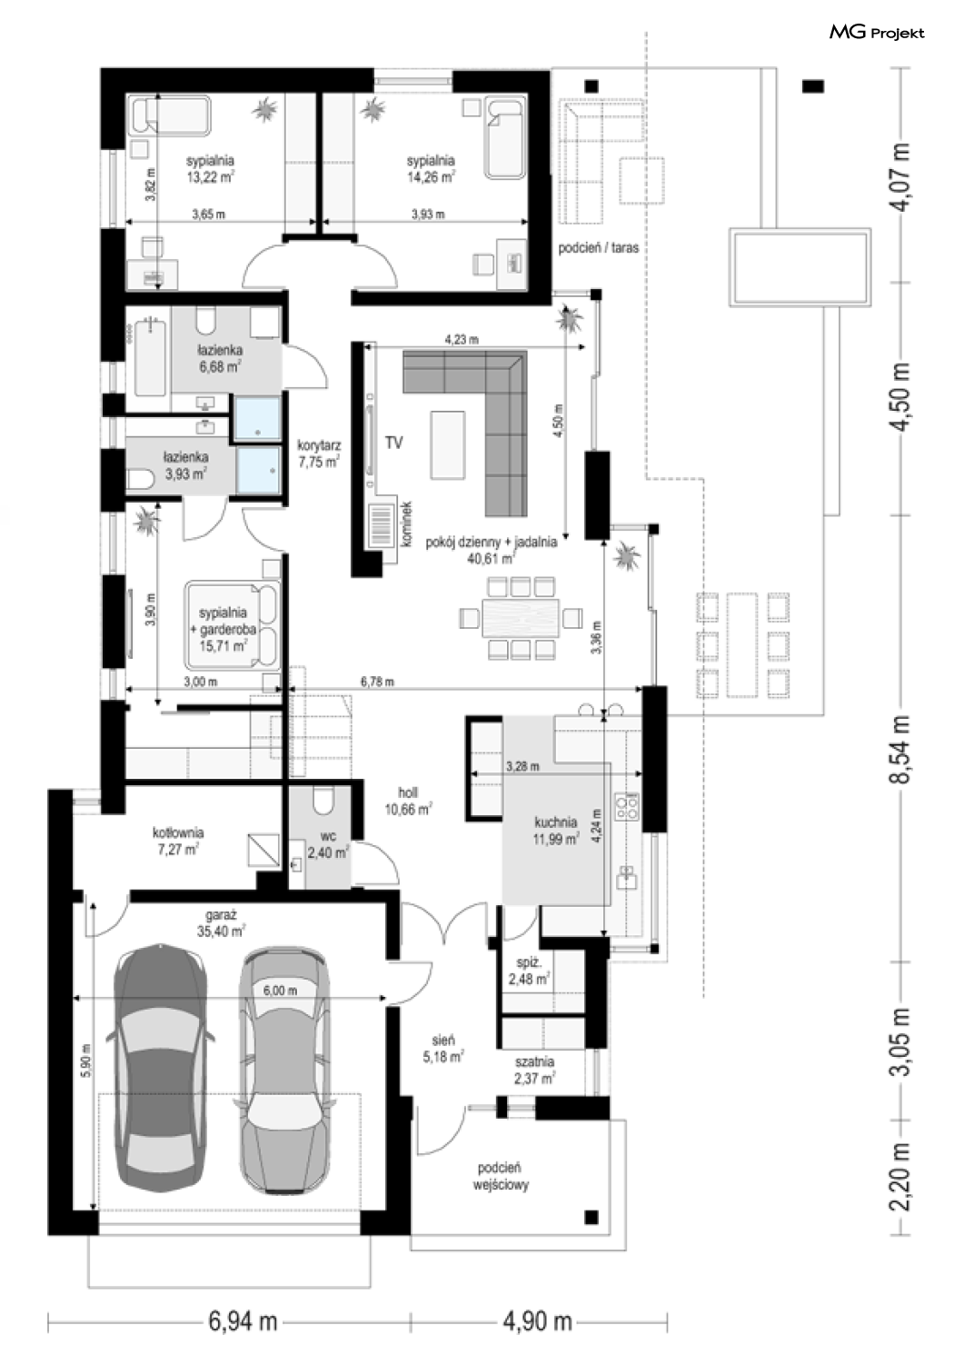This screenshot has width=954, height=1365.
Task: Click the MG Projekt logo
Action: tap(877, 32)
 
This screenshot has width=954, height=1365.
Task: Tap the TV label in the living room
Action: tap(393, 443)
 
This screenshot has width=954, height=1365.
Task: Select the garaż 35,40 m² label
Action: tap(221, 1105)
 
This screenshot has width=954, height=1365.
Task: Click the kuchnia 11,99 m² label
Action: tap(555, 830)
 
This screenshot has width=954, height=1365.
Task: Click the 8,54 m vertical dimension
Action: tap(901, 749)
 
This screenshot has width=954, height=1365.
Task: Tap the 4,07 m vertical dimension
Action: tap(901, 176)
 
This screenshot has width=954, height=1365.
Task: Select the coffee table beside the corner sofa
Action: tap(447, 445)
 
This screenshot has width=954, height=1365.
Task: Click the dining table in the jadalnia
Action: tap(521, 618)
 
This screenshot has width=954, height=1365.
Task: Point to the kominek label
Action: tap(407, 524)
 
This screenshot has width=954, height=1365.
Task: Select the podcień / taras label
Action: tap(598, 248)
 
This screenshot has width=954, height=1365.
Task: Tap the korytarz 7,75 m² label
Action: tap(319, 454)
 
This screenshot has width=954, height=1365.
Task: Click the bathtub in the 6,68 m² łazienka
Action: tap(149, 359)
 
